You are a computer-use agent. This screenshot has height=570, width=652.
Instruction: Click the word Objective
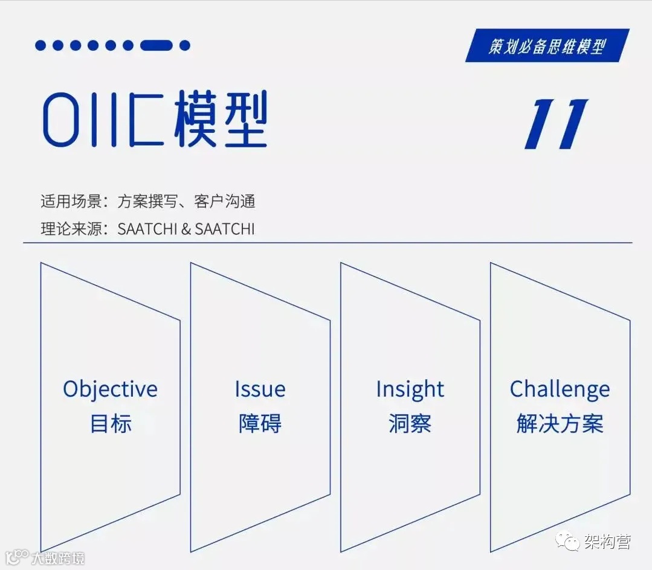110,389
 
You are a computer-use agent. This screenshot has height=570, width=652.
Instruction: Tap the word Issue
260,389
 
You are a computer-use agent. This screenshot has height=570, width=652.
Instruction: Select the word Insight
410,389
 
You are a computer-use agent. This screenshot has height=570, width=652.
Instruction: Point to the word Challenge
560,389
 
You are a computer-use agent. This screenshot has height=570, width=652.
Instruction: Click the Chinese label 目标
110,423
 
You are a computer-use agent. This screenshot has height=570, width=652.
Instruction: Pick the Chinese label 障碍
260,423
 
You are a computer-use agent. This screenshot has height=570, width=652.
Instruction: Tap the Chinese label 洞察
410,423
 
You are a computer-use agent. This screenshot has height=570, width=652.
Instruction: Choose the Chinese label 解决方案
560,423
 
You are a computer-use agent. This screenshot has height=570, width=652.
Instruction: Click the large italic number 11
556,124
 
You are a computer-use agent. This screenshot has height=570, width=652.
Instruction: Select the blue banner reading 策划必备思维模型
547,46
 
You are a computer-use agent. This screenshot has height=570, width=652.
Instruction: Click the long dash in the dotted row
157,45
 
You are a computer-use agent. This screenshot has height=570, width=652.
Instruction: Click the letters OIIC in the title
103,120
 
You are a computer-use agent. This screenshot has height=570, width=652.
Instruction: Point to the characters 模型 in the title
221,120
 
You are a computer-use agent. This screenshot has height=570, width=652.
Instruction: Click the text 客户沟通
225,201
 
